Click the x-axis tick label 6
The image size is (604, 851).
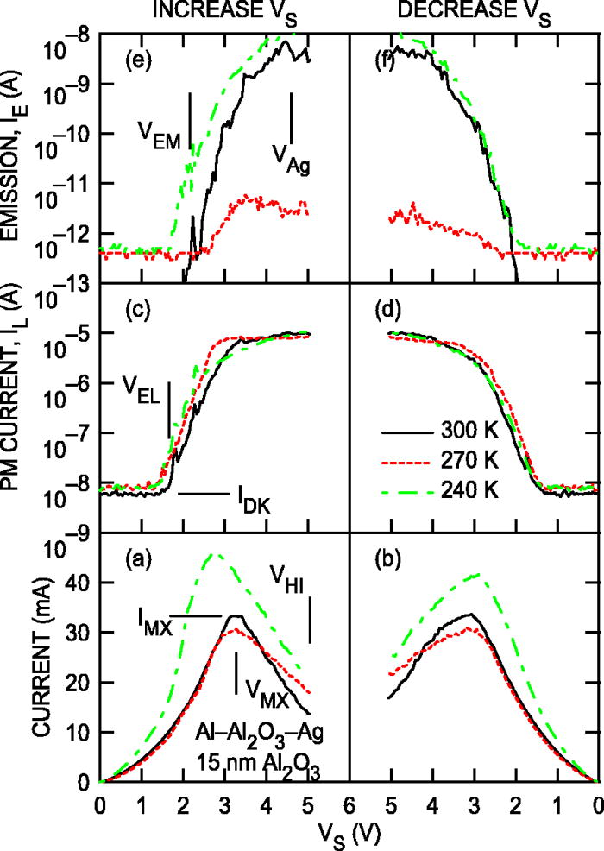click(x=349, y=801)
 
